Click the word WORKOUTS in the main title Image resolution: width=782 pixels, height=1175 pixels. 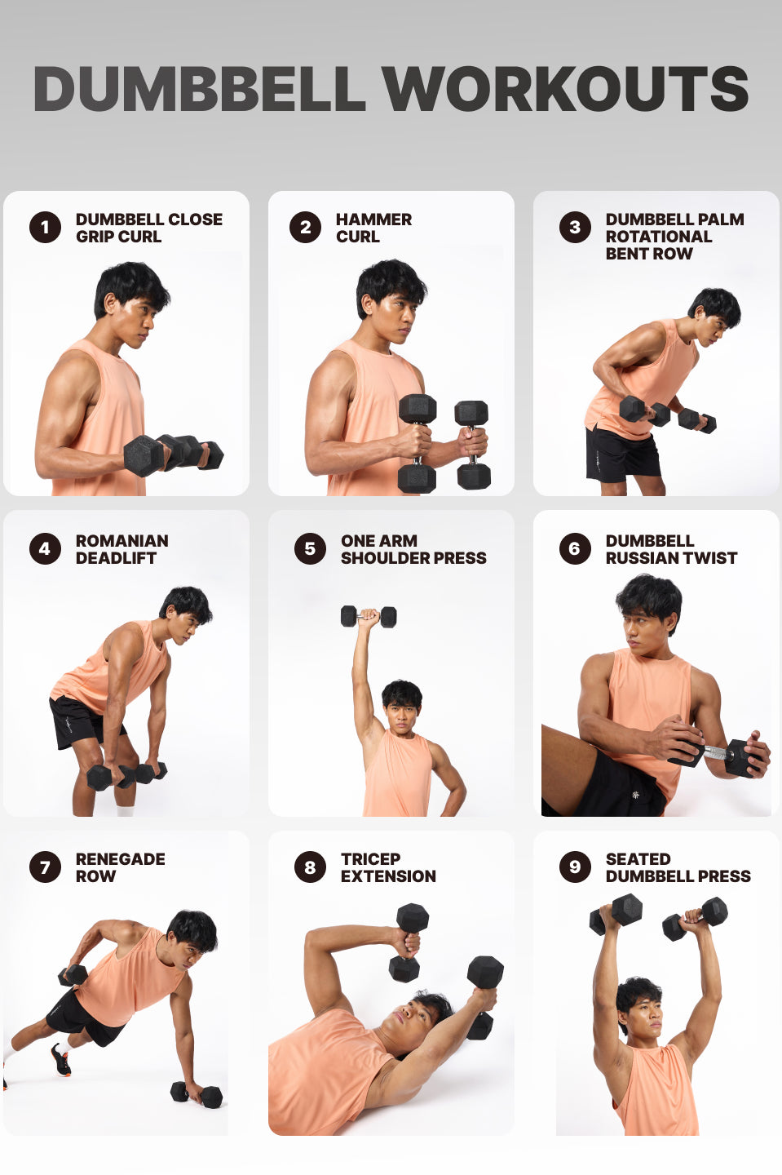click(565, 89)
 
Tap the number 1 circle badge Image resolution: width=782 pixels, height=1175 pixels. click(45, 227)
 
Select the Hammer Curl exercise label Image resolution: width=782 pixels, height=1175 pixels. click(373, 228)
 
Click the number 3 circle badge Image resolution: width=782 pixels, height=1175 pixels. click(575, 227)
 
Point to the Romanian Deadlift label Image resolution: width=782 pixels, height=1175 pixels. click(121, 549)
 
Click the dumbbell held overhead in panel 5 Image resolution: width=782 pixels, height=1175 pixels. click(369, 616)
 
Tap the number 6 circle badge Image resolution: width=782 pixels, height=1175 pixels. click(575, 548)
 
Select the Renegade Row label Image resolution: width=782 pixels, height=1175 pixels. click(120, 867)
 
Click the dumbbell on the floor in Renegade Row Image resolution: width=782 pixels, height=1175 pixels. click(197, 1094)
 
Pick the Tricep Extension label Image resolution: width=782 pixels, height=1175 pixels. click(387, 867)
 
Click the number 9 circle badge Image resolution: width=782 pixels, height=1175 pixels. click(575, 867)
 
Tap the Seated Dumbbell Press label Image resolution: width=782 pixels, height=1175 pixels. click(677, 867)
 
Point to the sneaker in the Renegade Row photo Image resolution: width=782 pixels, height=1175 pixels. click(60, 1059)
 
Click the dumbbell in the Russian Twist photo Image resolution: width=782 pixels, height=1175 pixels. click(734, 756)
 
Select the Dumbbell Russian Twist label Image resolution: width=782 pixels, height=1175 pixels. click(670, 549)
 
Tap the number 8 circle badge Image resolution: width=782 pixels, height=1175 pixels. click(310, 867)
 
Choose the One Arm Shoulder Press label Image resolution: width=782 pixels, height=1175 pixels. click(413, 549)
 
